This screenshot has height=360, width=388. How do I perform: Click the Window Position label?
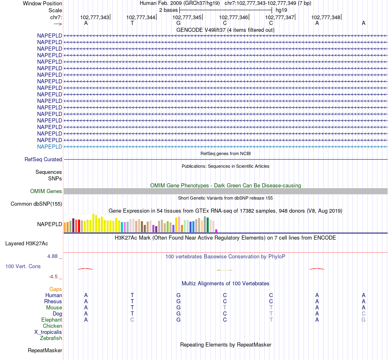(42, 3)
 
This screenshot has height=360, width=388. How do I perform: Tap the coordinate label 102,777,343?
(95, 18)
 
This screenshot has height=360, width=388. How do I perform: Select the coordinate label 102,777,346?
(234, 18)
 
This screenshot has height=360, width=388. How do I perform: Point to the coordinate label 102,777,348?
(326, 18)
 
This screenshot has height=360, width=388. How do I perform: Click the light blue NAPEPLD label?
(49, 147)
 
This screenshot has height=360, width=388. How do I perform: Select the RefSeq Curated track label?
(43, 160)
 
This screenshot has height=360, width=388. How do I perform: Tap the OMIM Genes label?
(46, 191)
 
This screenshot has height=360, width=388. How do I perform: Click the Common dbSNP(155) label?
(36, 204)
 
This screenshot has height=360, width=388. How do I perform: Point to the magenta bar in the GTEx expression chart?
(216, 231)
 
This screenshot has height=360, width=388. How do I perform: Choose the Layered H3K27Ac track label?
(27, 244)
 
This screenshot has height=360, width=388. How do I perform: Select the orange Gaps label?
(56, 289)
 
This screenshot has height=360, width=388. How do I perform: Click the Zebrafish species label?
(51, 338)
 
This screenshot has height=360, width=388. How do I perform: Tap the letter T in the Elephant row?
(271, 320)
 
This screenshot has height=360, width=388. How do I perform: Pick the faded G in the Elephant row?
(363, 320)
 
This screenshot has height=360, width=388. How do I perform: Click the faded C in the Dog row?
(363, 314)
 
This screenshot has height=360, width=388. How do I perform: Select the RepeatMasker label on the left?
(45, 351)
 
